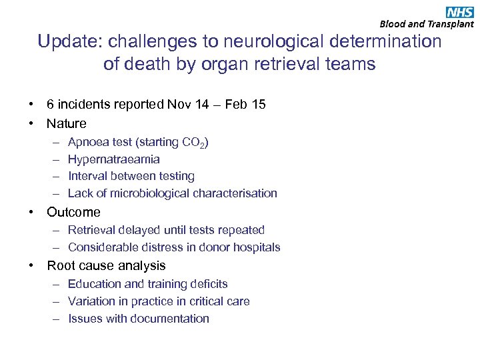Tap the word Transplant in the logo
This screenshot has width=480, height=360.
[x=451, y=24]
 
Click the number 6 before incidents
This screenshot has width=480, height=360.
[x=51, y=105]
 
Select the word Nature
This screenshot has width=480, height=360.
[x=67, y=123]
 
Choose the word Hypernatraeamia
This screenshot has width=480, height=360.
[x=114, y=159]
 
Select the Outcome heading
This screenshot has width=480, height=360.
[x=73, y=212]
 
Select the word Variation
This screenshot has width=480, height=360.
[x=92, y=301]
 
